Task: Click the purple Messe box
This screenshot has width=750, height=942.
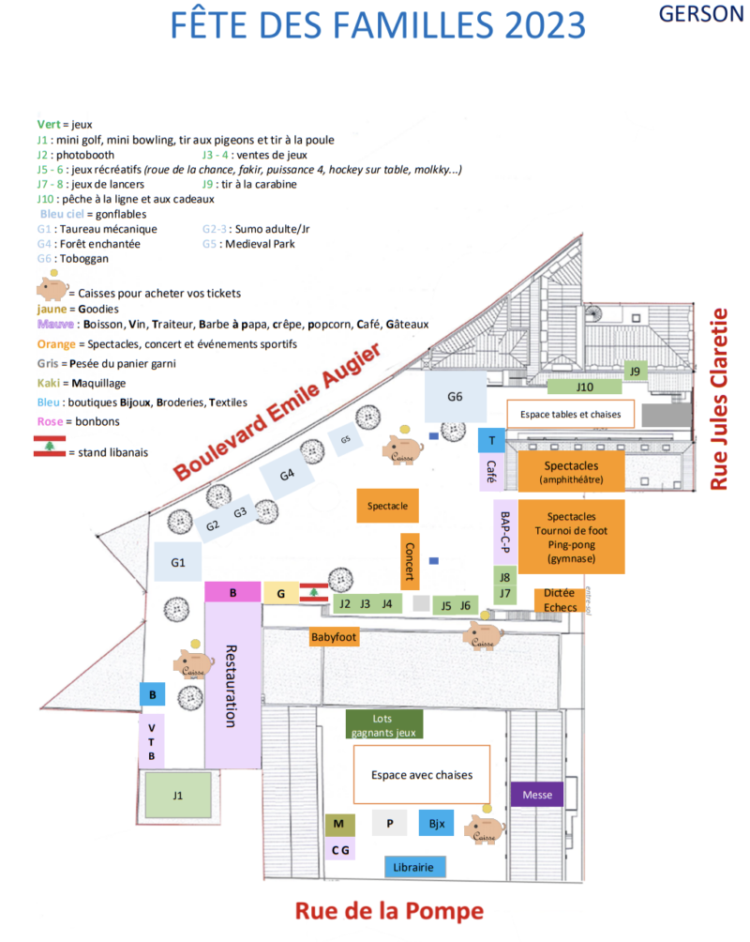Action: (x=537, y=795)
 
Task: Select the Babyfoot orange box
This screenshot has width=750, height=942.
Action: (x=335, y=638)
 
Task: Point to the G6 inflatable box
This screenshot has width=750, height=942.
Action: (x=455, y=397)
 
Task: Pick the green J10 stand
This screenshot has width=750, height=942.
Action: (x=585, y=387)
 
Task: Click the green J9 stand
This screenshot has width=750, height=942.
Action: (x=636, y=371)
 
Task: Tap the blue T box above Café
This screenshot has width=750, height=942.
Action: (x=491, y=440)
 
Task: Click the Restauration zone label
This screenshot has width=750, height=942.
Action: (x=232, y=685)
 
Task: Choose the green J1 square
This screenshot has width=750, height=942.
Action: (x=177, y=796)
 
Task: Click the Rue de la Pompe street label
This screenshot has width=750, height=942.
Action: (x=389, y=911)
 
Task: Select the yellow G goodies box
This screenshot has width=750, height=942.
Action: (x=280, y=593)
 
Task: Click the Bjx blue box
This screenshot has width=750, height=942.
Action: (x=436, y=824)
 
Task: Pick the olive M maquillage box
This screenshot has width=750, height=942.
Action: (x=339, y=825)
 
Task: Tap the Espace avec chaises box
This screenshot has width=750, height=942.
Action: (x=421, y=775)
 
